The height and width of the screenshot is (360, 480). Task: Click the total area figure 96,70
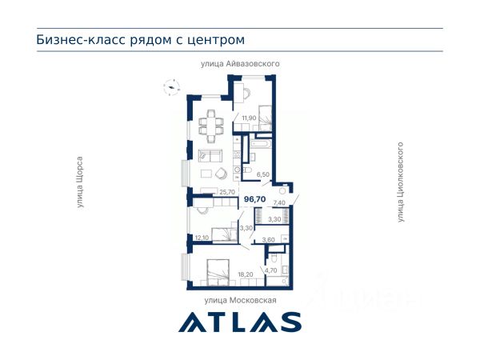(254, 199)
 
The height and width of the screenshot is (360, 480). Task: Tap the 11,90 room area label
(249, 118)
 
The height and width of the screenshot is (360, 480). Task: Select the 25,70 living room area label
(227, 192)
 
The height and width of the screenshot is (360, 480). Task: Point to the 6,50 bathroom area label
(263, 174)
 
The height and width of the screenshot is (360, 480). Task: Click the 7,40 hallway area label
(279, 202)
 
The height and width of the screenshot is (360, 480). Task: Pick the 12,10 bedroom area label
(202, 238)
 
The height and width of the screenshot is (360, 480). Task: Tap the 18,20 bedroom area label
(246, 274)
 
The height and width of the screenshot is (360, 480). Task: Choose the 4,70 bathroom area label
(271, 270)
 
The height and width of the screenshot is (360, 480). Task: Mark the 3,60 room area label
(269, 240)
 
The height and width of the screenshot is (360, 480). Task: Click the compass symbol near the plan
(171, 87)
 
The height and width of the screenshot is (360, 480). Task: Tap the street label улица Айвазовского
(240, 64)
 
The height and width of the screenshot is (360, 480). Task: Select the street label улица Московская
(240, 300)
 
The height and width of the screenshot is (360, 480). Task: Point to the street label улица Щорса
(80, 182)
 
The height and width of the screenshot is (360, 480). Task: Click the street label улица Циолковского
(401, 182)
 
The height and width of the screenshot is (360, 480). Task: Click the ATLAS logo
(240, 322)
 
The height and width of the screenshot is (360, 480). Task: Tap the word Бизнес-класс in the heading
(81, 40)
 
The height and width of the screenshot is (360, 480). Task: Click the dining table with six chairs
(211, 126)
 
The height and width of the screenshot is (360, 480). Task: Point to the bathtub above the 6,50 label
(260, 144)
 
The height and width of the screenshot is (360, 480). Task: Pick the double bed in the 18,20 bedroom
(218, 273)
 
